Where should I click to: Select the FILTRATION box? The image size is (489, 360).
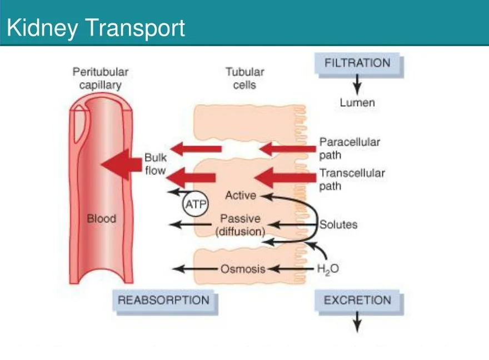point(358,63)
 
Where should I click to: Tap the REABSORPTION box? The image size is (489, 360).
point(164,301)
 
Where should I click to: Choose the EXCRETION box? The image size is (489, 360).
point(358,301)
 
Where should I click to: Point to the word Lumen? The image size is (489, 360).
point(357,103)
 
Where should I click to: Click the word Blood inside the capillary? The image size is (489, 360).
point(102,218)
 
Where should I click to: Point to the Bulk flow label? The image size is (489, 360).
point(156,164)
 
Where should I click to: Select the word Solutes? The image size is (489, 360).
point(338,225)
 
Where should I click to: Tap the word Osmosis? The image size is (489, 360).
point(243,269)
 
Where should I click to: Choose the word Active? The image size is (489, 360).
point(241,196)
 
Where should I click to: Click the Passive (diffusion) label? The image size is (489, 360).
point(240,225)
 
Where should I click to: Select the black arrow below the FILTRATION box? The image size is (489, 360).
point(357,85)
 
